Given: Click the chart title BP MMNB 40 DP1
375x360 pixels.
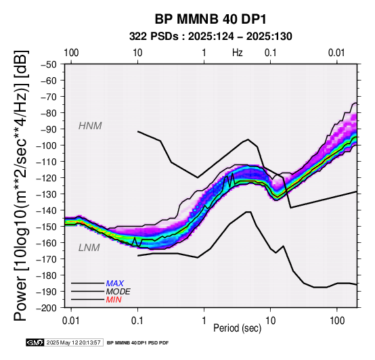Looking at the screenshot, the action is [211, 19].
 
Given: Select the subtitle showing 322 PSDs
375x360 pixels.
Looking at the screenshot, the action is [211, 37].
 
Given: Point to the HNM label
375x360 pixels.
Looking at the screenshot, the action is [90, 126].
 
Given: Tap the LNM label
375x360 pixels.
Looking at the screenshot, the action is [89, 248].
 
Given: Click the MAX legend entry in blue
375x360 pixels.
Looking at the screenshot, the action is [115, 284].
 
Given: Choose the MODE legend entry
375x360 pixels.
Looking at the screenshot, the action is [118, 292].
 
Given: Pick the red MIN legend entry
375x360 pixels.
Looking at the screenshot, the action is [114, 300].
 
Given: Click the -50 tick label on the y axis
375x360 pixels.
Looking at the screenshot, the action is [49, 64].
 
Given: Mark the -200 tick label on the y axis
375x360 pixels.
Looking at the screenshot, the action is [47, 308].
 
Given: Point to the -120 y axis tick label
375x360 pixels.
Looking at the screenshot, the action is [47, 178].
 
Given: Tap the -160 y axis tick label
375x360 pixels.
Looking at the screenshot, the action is [47, 243].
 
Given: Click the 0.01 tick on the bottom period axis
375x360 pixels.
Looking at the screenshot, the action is [71, 321].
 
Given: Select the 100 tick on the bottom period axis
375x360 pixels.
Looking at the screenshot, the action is [337, 321].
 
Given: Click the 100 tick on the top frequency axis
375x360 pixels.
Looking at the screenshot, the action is [71, 53].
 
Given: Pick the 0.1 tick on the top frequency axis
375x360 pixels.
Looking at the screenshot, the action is [271, 53].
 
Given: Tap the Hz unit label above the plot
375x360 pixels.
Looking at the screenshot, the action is [237, 53].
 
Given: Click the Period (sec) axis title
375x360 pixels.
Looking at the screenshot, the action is [237, 328].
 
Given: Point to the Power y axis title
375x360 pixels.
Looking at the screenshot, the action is [20, 186].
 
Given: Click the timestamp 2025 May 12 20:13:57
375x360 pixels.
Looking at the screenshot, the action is [73, 342].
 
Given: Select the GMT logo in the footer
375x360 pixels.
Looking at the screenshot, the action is [35, 342].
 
